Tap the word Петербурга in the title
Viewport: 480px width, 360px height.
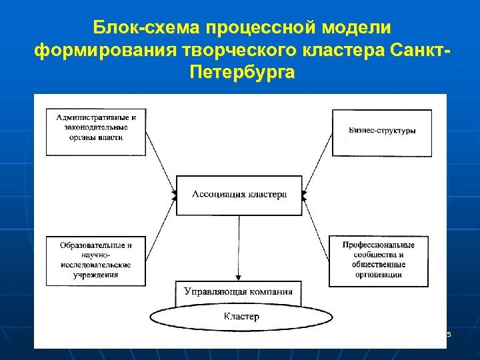pyautogui.click(x=241, y=71)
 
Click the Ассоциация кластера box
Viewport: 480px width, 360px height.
pyautogui.click(x=239, y=195)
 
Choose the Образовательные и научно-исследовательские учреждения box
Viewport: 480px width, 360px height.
pyautogui.click(x=95, y=259)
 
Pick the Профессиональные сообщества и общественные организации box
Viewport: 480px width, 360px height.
pyautogui.click(x=378, y=260)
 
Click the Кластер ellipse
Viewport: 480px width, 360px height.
pyautogui.click(x=241, y=317)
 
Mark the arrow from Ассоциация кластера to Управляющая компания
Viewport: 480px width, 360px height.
pyautogui.click(x=239, y=247)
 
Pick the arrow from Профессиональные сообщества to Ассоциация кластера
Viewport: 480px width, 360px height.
pyautogui.click(x=317, y=227)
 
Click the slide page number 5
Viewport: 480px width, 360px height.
pyautogui.click(x=449, y=334)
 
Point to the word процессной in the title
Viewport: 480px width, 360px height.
pyautogui.click(x=254, y=29)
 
